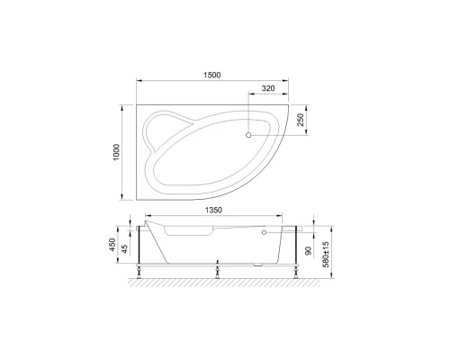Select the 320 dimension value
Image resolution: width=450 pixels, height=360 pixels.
(x=268, y=88)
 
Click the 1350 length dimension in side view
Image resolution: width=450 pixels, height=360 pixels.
(x=211, y=211)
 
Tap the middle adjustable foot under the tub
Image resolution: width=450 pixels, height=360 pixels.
(x=218, y=270)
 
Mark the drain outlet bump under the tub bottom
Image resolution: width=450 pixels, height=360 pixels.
(x=260, y=265)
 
